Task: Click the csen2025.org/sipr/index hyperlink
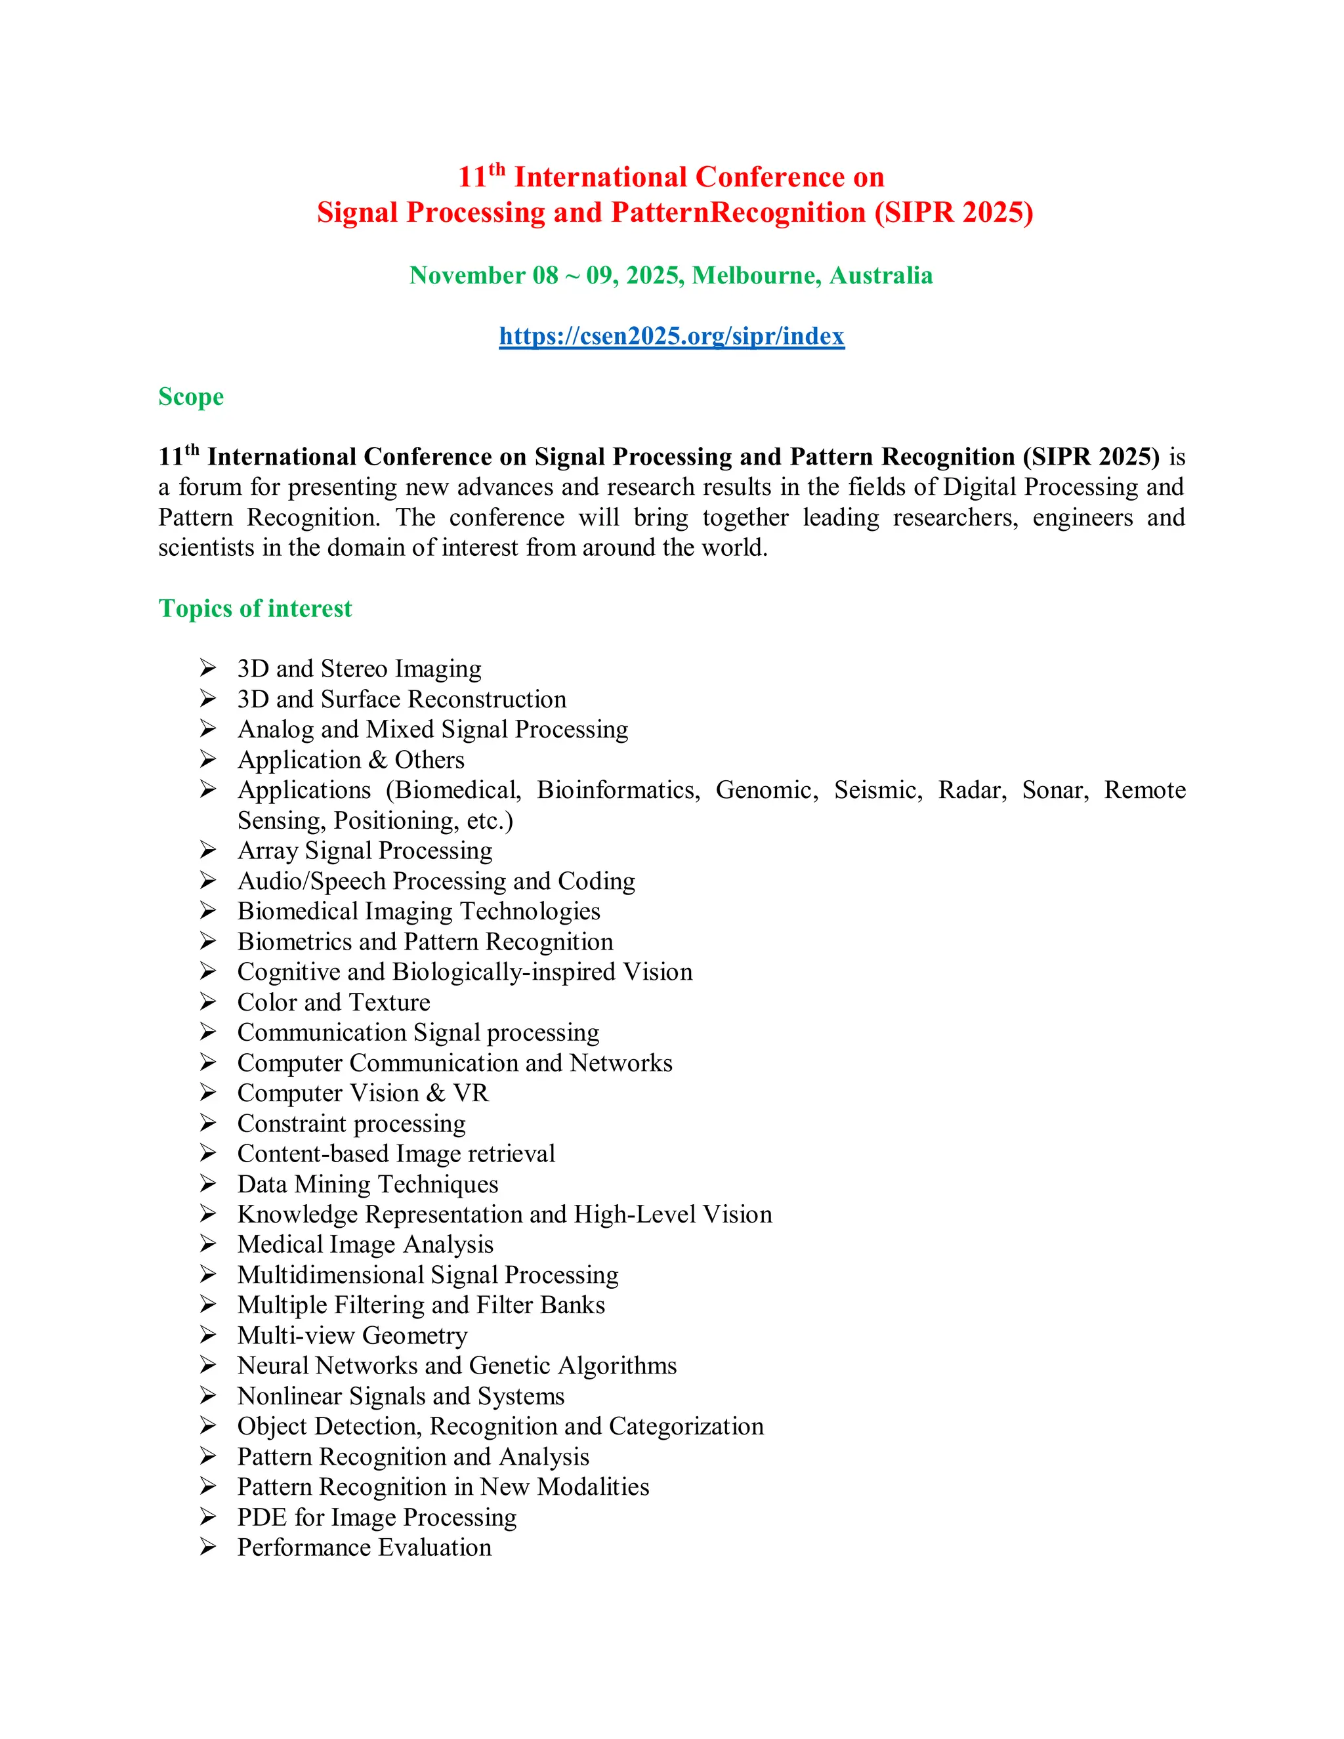[671, 336]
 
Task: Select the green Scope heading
[191, 396]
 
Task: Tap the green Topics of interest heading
[255, 608]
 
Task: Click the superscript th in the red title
[497, 169]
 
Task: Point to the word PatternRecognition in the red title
[738, 213]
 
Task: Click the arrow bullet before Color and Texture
[208, 1001]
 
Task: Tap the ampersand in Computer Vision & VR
[436, 1093]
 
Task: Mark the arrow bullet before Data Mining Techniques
[208, 1183]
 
